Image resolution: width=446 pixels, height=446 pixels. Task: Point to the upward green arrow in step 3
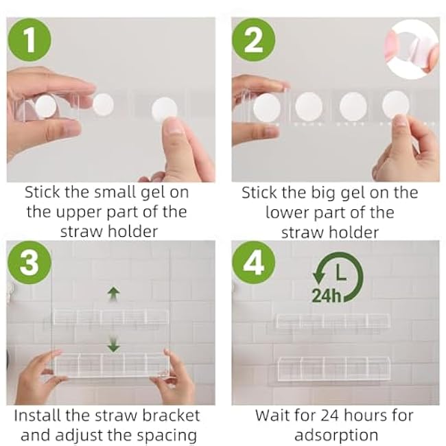click(114, 293)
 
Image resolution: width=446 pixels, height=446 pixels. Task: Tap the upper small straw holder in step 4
click(333, 320)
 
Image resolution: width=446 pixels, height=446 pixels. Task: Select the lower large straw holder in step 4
click(333, 368)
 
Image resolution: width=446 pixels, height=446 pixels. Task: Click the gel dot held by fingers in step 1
click(164, 110)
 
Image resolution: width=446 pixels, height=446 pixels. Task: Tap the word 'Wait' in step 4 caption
click(272, 415)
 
